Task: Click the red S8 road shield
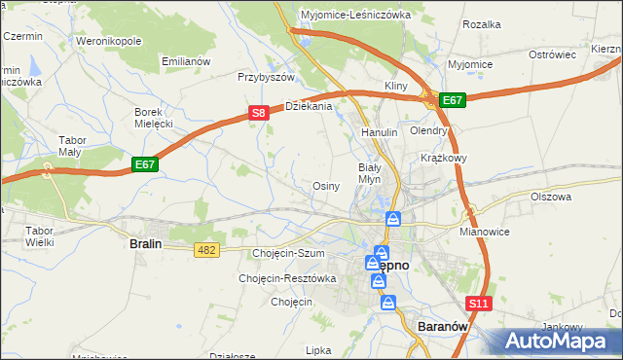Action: point(258,114)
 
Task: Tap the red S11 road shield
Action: point(478,304)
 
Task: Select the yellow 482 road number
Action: point(206,251)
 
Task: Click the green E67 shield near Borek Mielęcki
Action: point(145,165)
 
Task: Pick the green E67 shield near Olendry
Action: point(453,100)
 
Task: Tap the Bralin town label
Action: point(150,245)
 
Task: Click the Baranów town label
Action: point(443,327)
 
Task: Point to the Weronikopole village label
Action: point(108,42)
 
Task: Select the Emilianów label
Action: point(186,61)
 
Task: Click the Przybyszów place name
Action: point(266,76)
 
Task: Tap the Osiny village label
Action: point(325,186)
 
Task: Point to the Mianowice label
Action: point(484,234)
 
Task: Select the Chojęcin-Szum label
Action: point(287,254)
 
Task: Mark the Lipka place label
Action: point(319,350)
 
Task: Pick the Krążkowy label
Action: point(444,157)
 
